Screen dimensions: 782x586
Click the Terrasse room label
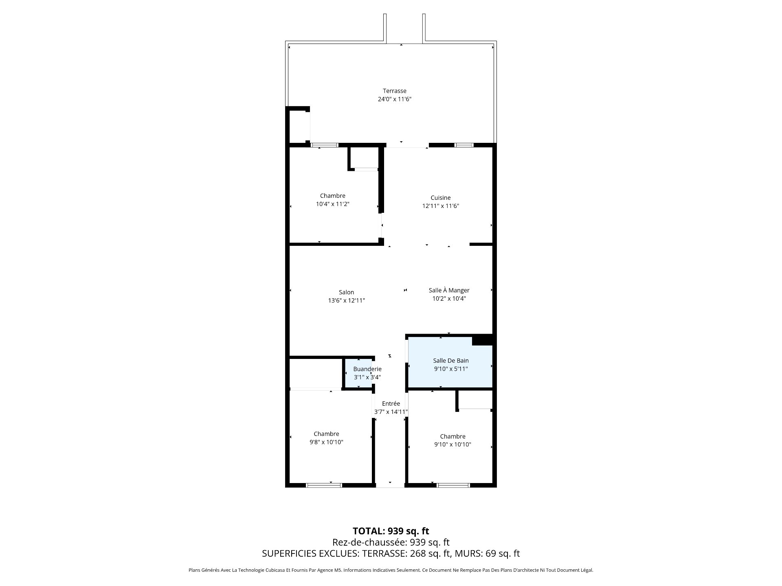pos(394,91)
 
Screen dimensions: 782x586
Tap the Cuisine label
pos(440,198)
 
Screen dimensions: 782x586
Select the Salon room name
pos(346,292)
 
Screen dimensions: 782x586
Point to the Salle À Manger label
pos(449,290)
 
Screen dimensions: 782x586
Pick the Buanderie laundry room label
pos(367,369)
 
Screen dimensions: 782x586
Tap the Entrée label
pos(391,403)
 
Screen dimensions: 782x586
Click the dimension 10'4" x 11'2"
pos(333,204)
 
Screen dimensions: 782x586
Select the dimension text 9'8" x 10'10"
pos(326,442)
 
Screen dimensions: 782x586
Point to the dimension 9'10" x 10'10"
pos(453,444)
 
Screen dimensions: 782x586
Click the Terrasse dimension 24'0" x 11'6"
pos(394,99)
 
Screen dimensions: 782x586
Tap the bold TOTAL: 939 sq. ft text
pos(391,531)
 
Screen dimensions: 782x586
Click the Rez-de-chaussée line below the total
pos(391,542)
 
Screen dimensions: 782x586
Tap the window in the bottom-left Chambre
pos(324,485)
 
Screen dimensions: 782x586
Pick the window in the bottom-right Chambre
pos(453,485)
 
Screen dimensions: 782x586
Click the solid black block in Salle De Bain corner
pos(483,340)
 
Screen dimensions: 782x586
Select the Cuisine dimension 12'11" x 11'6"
pos(440,206)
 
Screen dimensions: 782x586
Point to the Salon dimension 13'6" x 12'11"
pos(346,300)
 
